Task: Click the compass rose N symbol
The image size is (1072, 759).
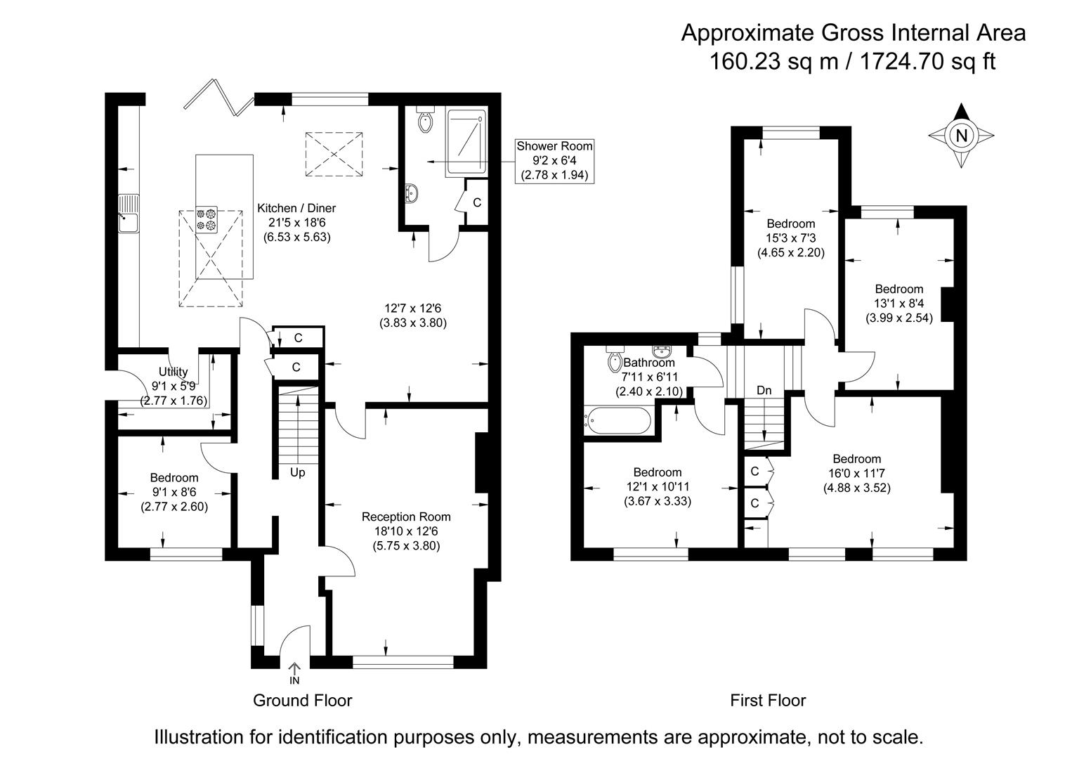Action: click(x=962, y=136)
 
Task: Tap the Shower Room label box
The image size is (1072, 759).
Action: click(x=554, y=160)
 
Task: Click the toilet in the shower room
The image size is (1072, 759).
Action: click(x=425, y=122)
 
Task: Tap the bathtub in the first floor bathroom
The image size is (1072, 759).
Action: click(x=617, y=420)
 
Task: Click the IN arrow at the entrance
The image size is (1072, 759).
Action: click(x=294, y=673)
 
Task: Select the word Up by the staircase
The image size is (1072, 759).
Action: click(x=298, y=472)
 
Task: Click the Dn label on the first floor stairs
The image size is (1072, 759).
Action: click(x=764, y=390)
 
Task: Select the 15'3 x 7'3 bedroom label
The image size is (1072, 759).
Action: click(x=790, y=238)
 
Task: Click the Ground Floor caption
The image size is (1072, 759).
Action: click(x=302, y=700)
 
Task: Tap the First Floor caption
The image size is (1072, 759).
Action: click(x=768, y=700)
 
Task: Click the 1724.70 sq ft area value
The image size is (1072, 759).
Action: click(x=927, y=62)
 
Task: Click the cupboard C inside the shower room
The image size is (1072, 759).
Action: click(x=477, y=202)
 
